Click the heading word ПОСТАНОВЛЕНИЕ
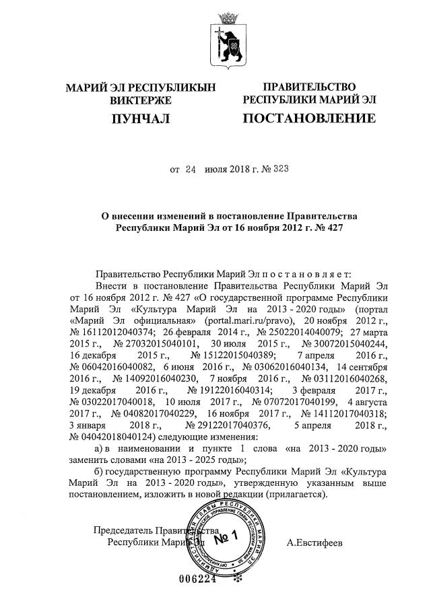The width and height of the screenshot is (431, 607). [x=309, y=120]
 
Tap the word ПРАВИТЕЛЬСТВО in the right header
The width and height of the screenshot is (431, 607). [x=309, y=87]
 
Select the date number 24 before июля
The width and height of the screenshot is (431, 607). [x=190, y=170]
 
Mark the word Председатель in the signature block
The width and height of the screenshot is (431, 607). [x=119, y=530]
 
